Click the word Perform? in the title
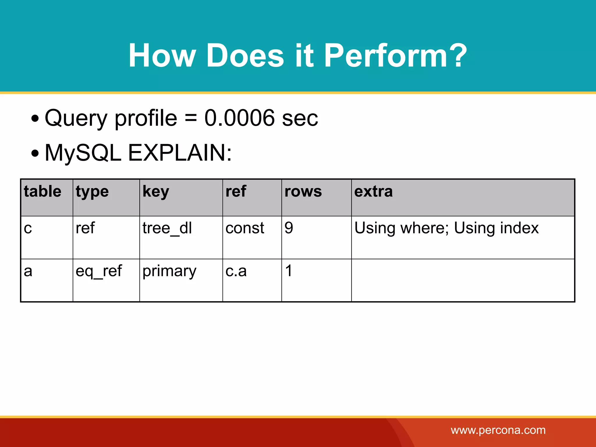pyautogui.click(x=395, y=55)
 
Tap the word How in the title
pyautogui.click(x=162, y=55)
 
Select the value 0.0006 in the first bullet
pyautogui.click(x=239, y=118)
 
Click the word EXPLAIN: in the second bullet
pyautogui.click(x=180, y=153)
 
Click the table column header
pyautogui.click(x=42, y=191)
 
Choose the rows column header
pyautogui.click(x=303, y=191)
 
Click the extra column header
pyautogui.click(x=373, y=191)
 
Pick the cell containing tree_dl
pyautogui.click(x=167, y=228)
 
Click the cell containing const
pyautogui.click(x=245, y=228)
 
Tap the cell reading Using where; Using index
pyautogui.click(x=446, y=228)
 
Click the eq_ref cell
pyautogui.click(x=99, y=271)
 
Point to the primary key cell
pyautogui.click(x=169, y=271)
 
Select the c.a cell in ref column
pyautogui.click(x=236, y=271)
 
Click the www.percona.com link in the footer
pyautogui.click(x=498, y=430)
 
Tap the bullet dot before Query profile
pyautogui.click(x=35, y=119)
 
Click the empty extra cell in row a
pyautogui.click(x=463, y=280)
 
